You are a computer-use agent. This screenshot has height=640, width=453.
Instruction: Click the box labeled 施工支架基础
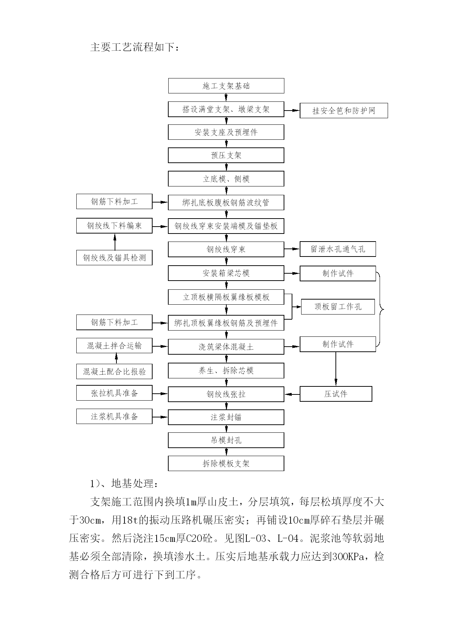pos(226,86)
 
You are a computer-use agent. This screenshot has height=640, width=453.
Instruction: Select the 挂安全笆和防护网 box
pos(343,111)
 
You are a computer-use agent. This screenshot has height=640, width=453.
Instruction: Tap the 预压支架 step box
pos(226,155)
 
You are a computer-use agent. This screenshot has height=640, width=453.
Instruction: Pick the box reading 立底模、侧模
pos(226,179)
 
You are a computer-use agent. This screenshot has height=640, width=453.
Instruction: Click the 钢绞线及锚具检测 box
pos(114,258)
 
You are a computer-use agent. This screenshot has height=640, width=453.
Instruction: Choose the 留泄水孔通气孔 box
pos(338,249)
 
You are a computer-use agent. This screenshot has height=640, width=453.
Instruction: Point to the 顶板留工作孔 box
pos(338,306)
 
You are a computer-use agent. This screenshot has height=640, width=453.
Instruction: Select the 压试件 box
pos(336,394)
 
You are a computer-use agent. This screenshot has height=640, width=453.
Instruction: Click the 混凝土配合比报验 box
pos(114,371)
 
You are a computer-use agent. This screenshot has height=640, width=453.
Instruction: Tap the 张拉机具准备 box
pos(114,393)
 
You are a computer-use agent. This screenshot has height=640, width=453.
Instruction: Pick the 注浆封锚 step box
pos(226,417)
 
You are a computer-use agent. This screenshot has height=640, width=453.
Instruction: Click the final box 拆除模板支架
pos(226,463)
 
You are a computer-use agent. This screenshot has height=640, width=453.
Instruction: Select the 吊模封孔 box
pos(226,440)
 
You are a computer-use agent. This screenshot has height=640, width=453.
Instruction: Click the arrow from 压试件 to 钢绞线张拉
pos(292,394)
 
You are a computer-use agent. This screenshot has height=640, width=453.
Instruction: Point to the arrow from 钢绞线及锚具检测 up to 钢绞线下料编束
pos(115,242)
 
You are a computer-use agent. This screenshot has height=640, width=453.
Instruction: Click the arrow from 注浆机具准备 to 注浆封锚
pos(160,417)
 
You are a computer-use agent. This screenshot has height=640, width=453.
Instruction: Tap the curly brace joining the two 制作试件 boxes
pos(380,309)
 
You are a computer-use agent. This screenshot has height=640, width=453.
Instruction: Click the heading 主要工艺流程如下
pos(135,47)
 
